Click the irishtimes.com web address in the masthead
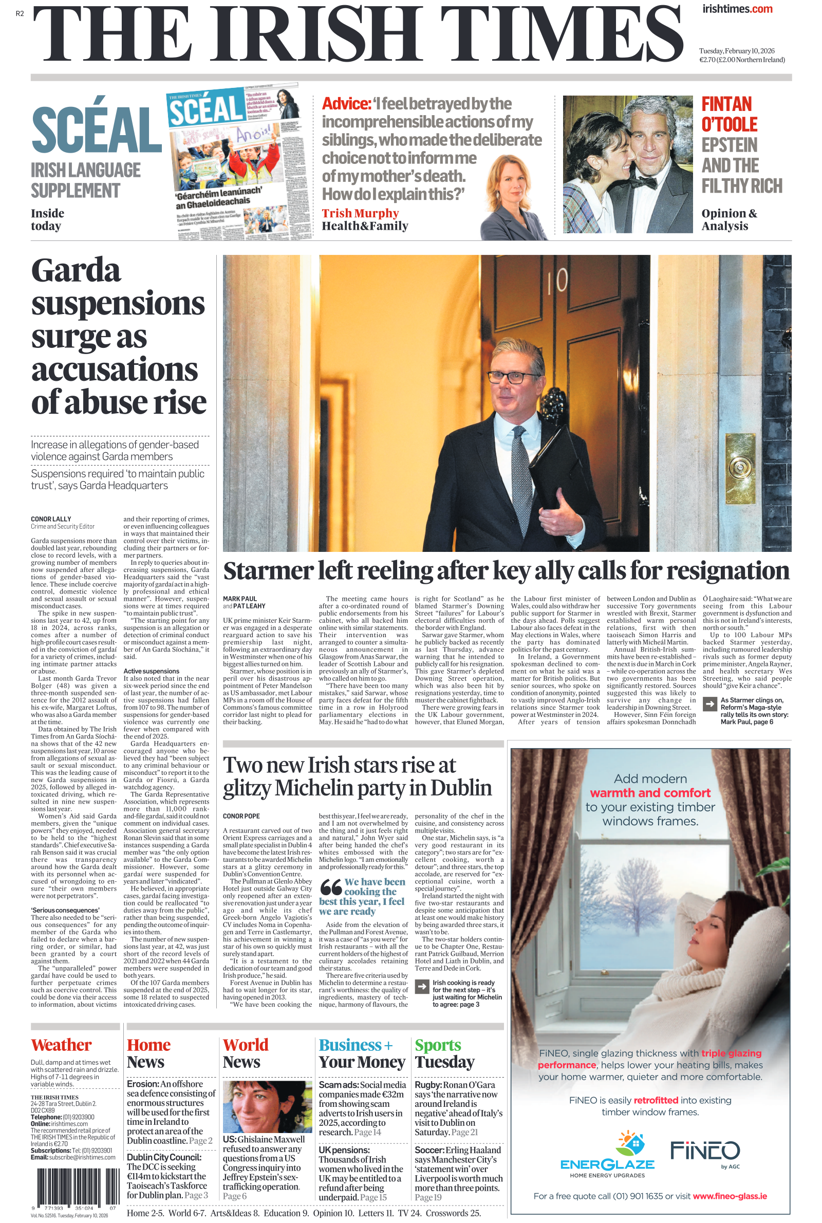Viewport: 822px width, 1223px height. pyautogui.click(x=737, y=9)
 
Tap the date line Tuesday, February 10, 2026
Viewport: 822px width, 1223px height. pyautogui.click(x=737, y=51)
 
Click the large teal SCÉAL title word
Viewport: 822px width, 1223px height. pyautogui.click(x=97, y=129)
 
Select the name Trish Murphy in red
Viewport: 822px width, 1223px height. pyautogui.click(x=360, y=213)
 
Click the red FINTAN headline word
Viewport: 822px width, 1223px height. pyautogui.click(x=726, y=104)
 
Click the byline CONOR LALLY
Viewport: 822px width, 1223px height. pyautogui.click(x=51, y=519)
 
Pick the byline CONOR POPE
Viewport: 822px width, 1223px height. pyautogui.click(x=241, y=816)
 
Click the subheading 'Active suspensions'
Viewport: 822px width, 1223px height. pyautogui.click(x=151, y=671)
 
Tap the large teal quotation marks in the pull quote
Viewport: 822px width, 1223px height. pyautogui.click(x=331, y=886)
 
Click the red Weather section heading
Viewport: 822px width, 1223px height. pyautogui.click(x=61, y=1045)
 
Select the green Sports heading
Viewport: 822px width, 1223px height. pyautogui.click(x=438, y=1045)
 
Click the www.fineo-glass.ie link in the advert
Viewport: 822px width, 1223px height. pyautogui.click(x=730, y=1196)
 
